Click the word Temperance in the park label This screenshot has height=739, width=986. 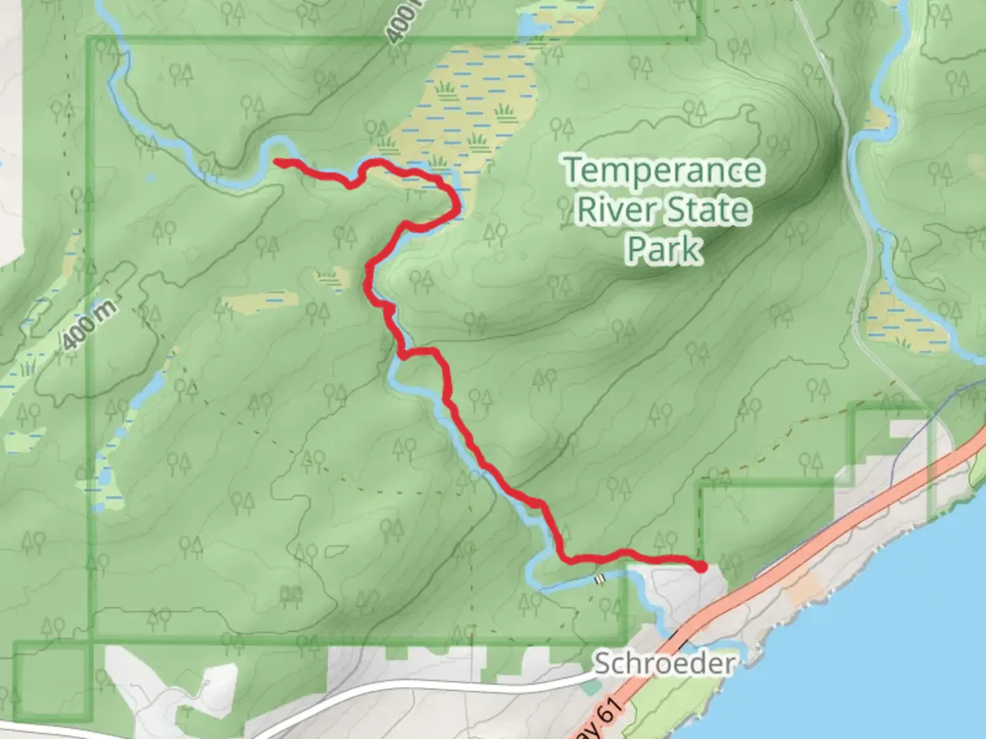tap(663, 171)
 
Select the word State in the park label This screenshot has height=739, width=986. tap(709, 209)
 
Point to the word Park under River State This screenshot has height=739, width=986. tap(663, 248)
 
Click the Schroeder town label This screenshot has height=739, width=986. tap(663, 663)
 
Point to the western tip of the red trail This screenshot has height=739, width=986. tap(277, 161)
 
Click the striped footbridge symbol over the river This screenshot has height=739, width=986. tap(601, 579)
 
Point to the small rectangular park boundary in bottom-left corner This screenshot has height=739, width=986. tap(52, 681)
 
